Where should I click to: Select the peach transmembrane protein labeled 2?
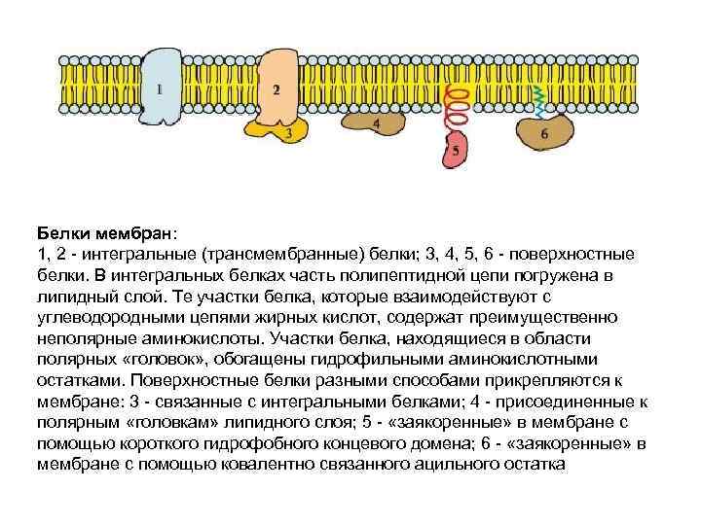277,86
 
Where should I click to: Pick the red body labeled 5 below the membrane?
456,150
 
